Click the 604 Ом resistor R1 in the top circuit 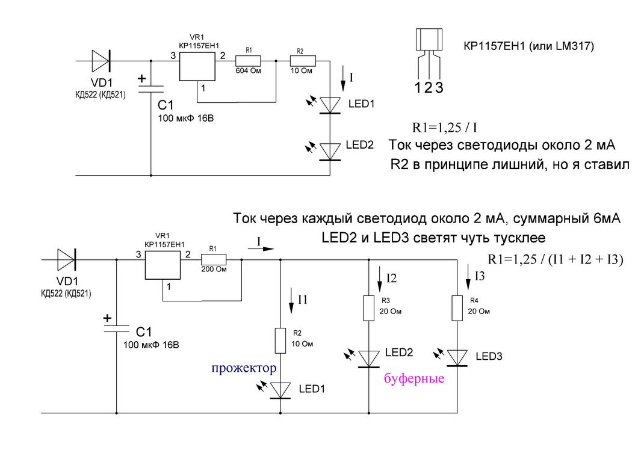point(247,61)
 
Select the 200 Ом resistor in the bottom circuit point(214,259)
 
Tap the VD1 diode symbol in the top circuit point(101,61)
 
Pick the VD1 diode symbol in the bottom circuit point(67,259)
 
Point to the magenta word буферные point(414,379)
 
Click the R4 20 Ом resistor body point(457,308)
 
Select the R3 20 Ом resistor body point(368,308)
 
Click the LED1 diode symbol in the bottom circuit point(280,390)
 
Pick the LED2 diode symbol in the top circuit point(330,151)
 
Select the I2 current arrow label point(391,278)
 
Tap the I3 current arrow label point(480,277)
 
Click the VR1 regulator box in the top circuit point(196,67)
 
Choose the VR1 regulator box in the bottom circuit point(163,265)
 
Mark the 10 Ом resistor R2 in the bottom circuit point(280,341)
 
